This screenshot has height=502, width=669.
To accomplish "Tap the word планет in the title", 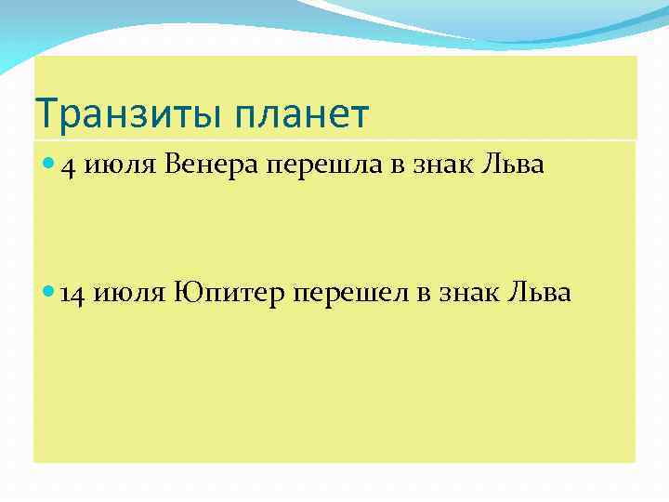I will pyautogui.click(x=301, y=115).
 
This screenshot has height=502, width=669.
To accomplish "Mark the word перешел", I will pyautogui.click(x=351, y=295).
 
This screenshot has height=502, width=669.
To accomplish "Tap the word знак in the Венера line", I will pyautogui.click(x=439, y=166).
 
